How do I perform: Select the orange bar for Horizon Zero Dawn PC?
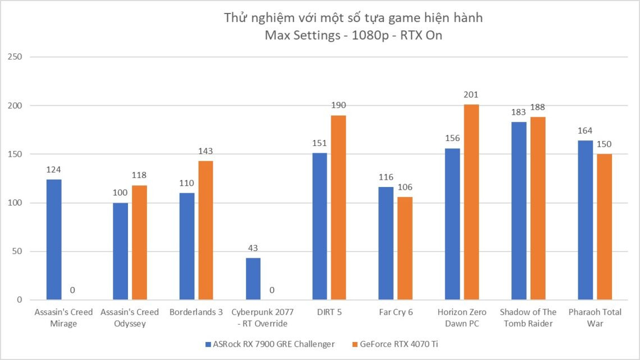[472, 202]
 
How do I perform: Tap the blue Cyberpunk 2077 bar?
[253, 279]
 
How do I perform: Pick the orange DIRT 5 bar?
[338, 207]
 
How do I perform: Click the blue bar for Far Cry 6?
[386, 243]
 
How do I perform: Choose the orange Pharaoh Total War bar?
[604, 227]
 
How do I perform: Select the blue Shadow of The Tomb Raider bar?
[519, 211]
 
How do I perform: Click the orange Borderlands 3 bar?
[205, 230]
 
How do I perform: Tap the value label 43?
[253, 248]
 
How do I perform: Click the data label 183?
[519, 112]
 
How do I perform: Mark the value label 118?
[139, 176]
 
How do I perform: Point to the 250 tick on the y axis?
[15, 57]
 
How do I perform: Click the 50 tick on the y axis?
[17, 251]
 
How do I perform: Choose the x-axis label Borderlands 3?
[196, 312]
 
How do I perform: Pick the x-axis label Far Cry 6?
[395, 312]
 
